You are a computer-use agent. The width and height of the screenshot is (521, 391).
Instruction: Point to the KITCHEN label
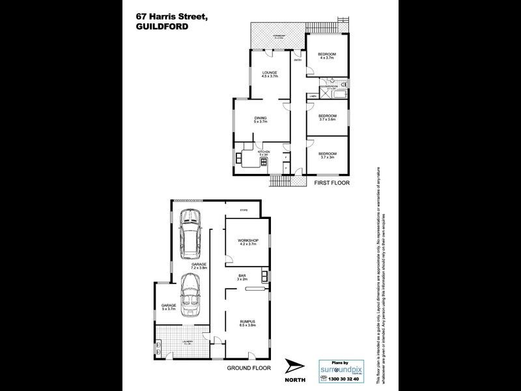point(264,152)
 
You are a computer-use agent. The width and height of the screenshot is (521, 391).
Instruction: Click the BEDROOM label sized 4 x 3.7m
point(327,55)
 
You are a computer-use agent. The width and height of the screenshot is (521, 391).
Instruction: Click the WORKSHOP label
point(249,241)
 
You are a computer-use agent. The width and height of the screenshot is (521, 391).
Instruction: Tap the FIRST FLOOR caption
point(332,183)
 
